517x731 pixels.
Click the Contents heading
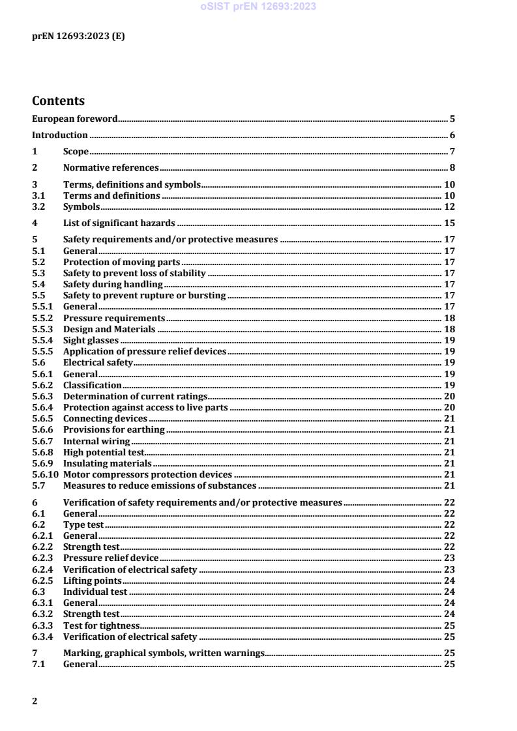(x=59, y=101)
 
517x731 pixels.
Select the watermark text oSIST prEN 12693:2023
(x=258, y=7)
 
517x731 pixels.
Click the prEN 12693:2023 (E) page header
(x=78, y=36)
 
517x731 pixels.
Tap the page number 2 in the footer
(x=35, y=701)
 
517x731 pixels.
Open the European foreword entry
(x=75, y=119)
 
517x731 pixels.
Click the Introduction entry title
(x=60, y=136)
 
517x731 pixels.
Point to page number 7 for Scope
(x=452, y=152)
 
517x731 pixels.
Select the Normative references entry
(x=111, y=168)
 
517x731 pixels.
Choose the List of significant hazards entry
(x=119, y=223)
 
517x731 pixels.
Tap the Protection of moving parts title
(x=121, y=262)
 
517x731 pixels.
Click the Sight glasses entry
(x=91, y=340)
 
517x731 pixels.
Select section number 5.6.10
(x=44, y=474)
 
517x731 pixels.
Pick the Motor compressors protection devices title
(x=147, y=474)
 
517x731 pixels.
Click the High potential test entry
(x=103, y=452)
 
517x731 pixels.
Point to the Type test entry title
(x=83, y=524)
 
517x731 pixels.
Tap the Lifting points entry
(x=92, y=580)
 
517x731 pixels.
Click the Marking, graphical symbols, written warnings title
(x=163, y=653)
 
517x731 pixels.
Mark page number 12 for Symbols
(x=449, y=207)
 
